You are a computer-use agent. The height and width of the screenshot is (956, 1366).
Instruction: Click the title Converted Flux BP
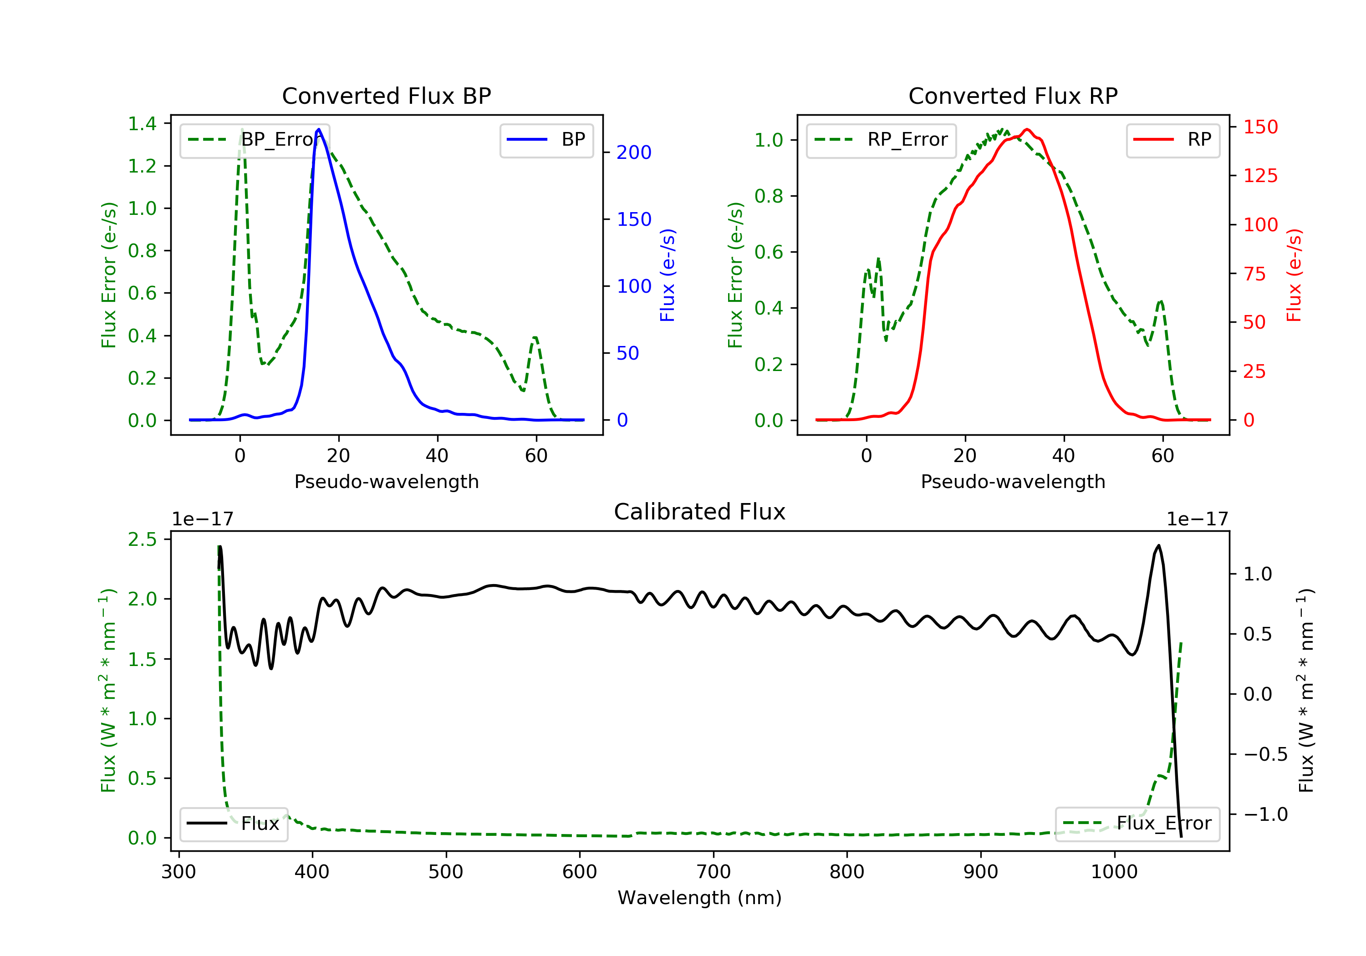pos(386,96)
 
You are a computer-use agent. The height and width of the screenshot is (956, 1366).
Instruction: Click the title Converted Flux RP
pos(1013,96)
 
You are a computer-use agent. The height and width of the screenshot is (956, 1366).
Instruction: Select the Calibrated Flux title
pos(700,512)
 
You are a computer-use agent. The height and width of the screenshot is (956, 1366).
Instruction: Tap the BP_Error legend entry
pos(255,140)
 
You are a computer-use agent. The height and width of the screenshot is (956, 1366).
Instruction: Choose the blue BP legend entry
pos(546,140)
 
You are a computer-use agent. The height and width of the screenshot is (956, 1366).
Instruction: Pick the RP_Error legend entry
pos(881,140)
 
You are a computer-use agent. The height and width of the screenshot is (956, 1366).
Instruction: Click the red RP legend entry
pos(1172,140)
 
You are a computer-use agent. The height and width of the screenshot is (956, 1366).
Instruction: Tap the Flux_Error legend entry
pos(1137,824)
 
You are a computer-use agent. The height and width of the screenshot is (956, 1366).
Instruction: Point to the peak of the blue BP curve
pos(319,129)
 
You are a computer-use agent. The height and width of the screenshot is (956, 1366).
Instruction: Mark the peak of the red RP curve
pos(1027,129)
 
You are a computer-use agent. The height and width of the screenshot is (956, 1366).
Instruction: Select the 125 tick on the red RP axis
pos(1260,176)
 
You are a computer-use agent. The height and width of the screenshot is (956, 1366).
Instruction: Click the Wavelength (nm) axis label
pos(700,898)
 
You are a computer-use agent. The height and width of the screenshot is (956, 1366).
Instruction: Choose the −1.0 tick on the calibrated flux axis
pos(1265,814)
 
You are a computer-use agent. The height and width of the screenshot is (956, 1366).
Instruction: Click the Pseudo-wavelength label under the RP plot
pos(1013,481)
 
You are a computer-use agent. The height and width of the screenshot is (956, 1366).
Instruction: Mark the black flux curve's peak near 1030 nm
pos(1158,545)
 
